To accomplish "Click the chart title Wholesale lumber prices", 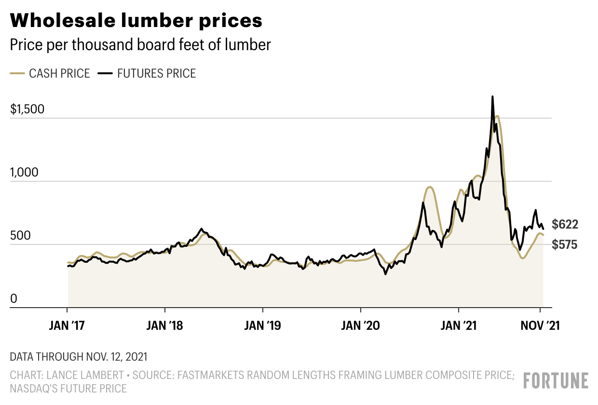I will click(136, 21).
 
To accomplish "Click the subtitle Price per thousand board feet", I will click(140, 45).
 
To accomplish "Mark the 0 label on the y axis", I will click(14, 299).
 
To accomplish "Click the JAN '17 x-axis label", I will click(67, 326).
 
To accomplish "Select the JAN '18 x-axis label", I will click(165, 326).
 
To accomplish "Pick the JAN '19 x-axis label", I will click(263, 326).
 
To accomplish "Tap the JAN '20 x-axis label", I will click(361, 326).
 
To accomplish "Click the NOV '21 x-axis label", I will click(540, 326).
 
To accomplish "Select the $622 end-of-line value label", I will click(565, 224).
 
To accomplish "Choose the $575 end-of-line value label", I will click(565, 245).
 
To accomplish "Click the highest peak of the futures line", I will click(492, 97).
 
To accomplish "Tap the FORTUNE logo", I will click(556, 380).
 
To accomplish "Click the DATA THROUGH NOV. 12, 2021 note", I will click(79, 357).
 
